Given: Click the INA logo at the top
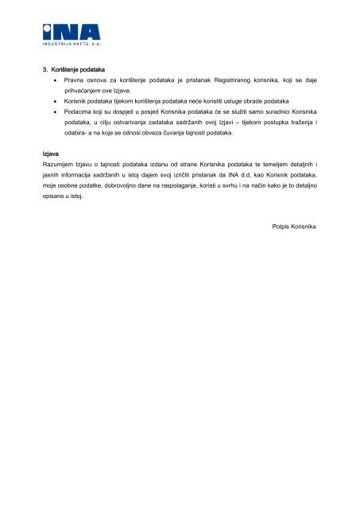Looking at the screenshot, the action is pos(72,31).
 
